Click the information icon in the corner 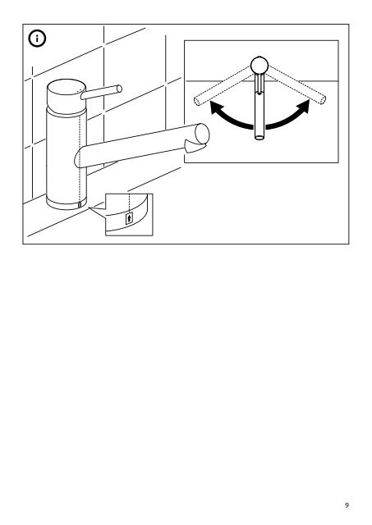pos(37,39)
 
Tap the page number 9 pos(347,504)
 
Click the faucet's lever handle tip pos(119,89)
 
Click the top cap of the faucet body pos(65,86)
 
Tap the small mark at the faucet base pos(80,205)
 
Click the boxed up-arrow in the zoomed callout pos(129,219)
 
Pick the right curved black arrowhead pos(305,106)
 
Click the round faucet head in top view pos(259,65)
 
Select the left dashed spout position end pos(197,100)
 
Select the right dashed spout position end pos(322,99)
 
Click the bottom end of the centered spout pos(259,137)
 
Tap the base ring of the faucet pos(67,203)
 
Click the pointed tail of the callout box pos(90,208)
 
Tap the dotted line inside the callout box pos(129,203)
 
